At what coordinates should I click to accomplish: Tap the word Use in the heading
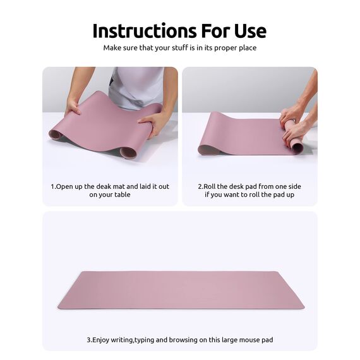[246, 31]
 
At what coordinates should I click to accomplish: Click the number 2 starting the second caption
[200, 186]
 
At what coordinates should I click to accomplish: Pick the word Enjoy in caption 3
[103, 340]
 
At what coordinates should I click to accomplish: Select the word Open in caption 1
[66, 186]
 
